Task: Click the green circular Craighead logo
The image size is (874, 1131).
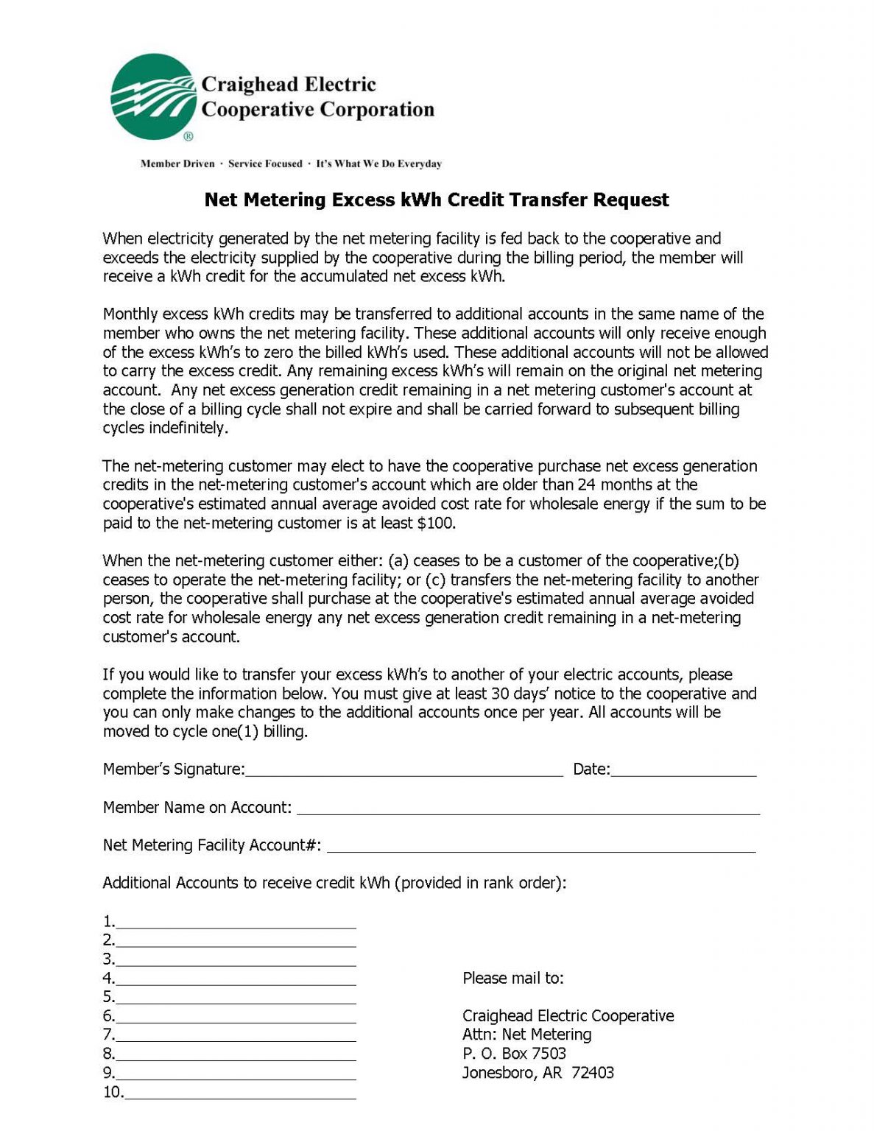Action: pyautogui.click(x=153, y=96)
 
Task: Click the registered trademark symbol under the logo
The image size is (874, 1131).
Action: pyautogui.click(x=188, y=136)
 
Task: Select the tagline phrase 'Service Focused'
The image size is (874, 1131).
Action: pyautogui.click(x=265, y=163)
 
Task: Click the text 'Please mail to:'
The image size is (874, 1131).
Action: pyautogui.click(x=512, y=979)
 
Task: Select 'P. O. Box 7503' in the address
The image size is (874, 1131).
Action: pyautogui.click(x=514, y=1054)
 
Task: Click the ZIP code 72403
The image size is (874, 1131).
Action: pyautogui.click(x=592, y=1073)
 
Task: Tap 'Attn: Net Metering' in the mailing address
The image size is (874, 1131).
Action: pyautogui.click(x=526, y=1035)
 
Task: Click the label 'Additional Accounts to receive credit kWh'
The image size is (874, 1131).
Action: pyautogui.click(x=246, y=883)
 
